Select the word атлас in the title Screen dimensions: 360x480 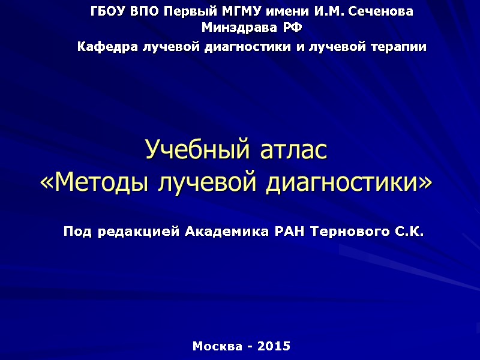(x=293, y=149)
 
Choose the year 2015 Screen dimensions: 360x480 (x=274, y=346)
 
